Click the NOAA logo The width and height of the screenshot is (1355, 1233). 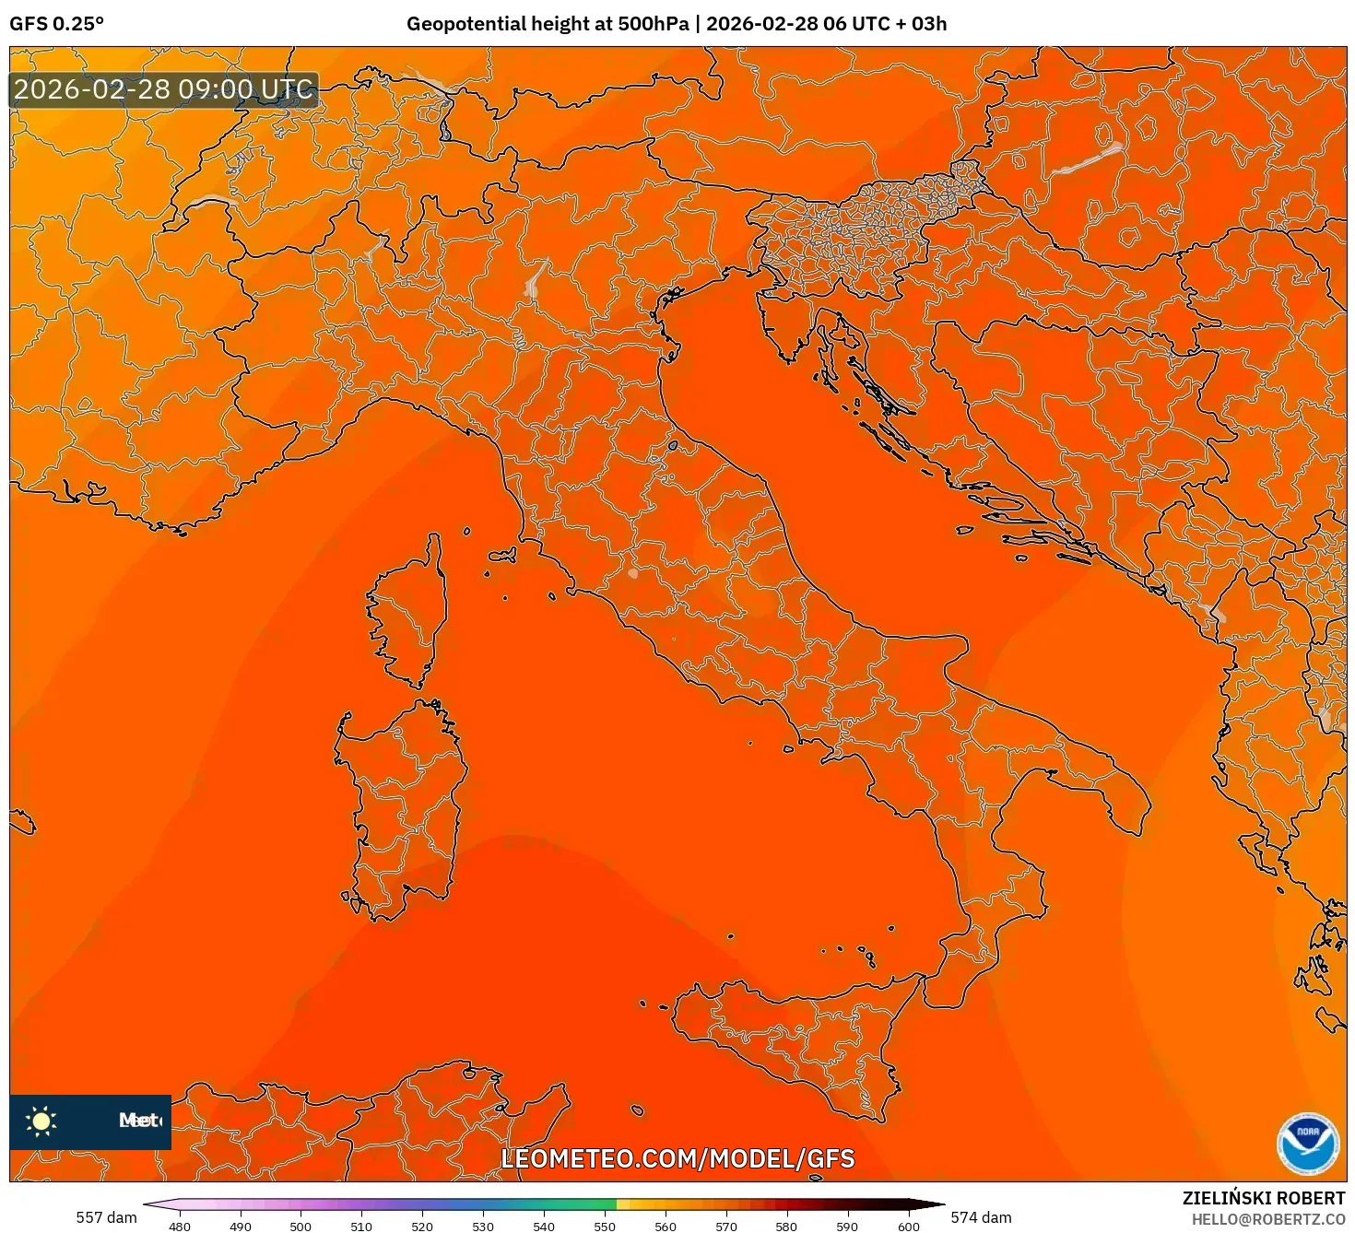pyautogui.click(x=1307, y=1144)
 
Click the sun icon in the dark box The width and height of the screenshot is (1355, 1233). pyautogui.click(x=41, y=1121)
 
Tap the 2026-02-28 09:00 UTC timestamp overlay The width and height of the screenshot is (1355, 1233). pyautogui.click(x=163, y=89)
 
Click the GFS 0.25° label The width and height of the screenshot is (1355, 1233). pyautogui.click(x=56, y=24)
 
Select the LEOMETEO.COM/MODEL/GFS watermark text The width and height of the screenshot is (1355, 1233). pyautogui.click(x=677, y=1158)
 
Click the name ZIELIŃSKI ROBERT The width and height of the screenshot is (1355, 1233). pyautogui.click(x=1264, y=1198)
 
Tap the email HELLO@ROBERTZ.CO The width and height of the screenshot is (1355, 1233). pyautogui.click(x=1268, y=1219)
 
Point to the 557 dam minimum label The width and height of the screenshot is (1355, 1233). pyautogui.click(x=106, y=1217)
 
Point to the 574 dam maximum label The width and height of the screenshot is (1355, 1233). pyautogui.click(x=981, y=1217)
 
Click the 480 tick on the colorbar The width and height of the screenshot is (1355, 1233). pyautogui.click(x=180, y=1226)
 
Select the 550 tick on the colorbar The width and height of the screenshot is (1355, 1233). pyautogui.click(x=604, y=1226)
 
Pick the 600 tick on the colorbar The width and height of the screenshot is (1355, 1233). pyautogui.click(x=908, y=1226)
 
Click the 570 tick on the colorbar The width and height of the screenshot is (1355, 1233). pyautogui.click(x=725, y=1226)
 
